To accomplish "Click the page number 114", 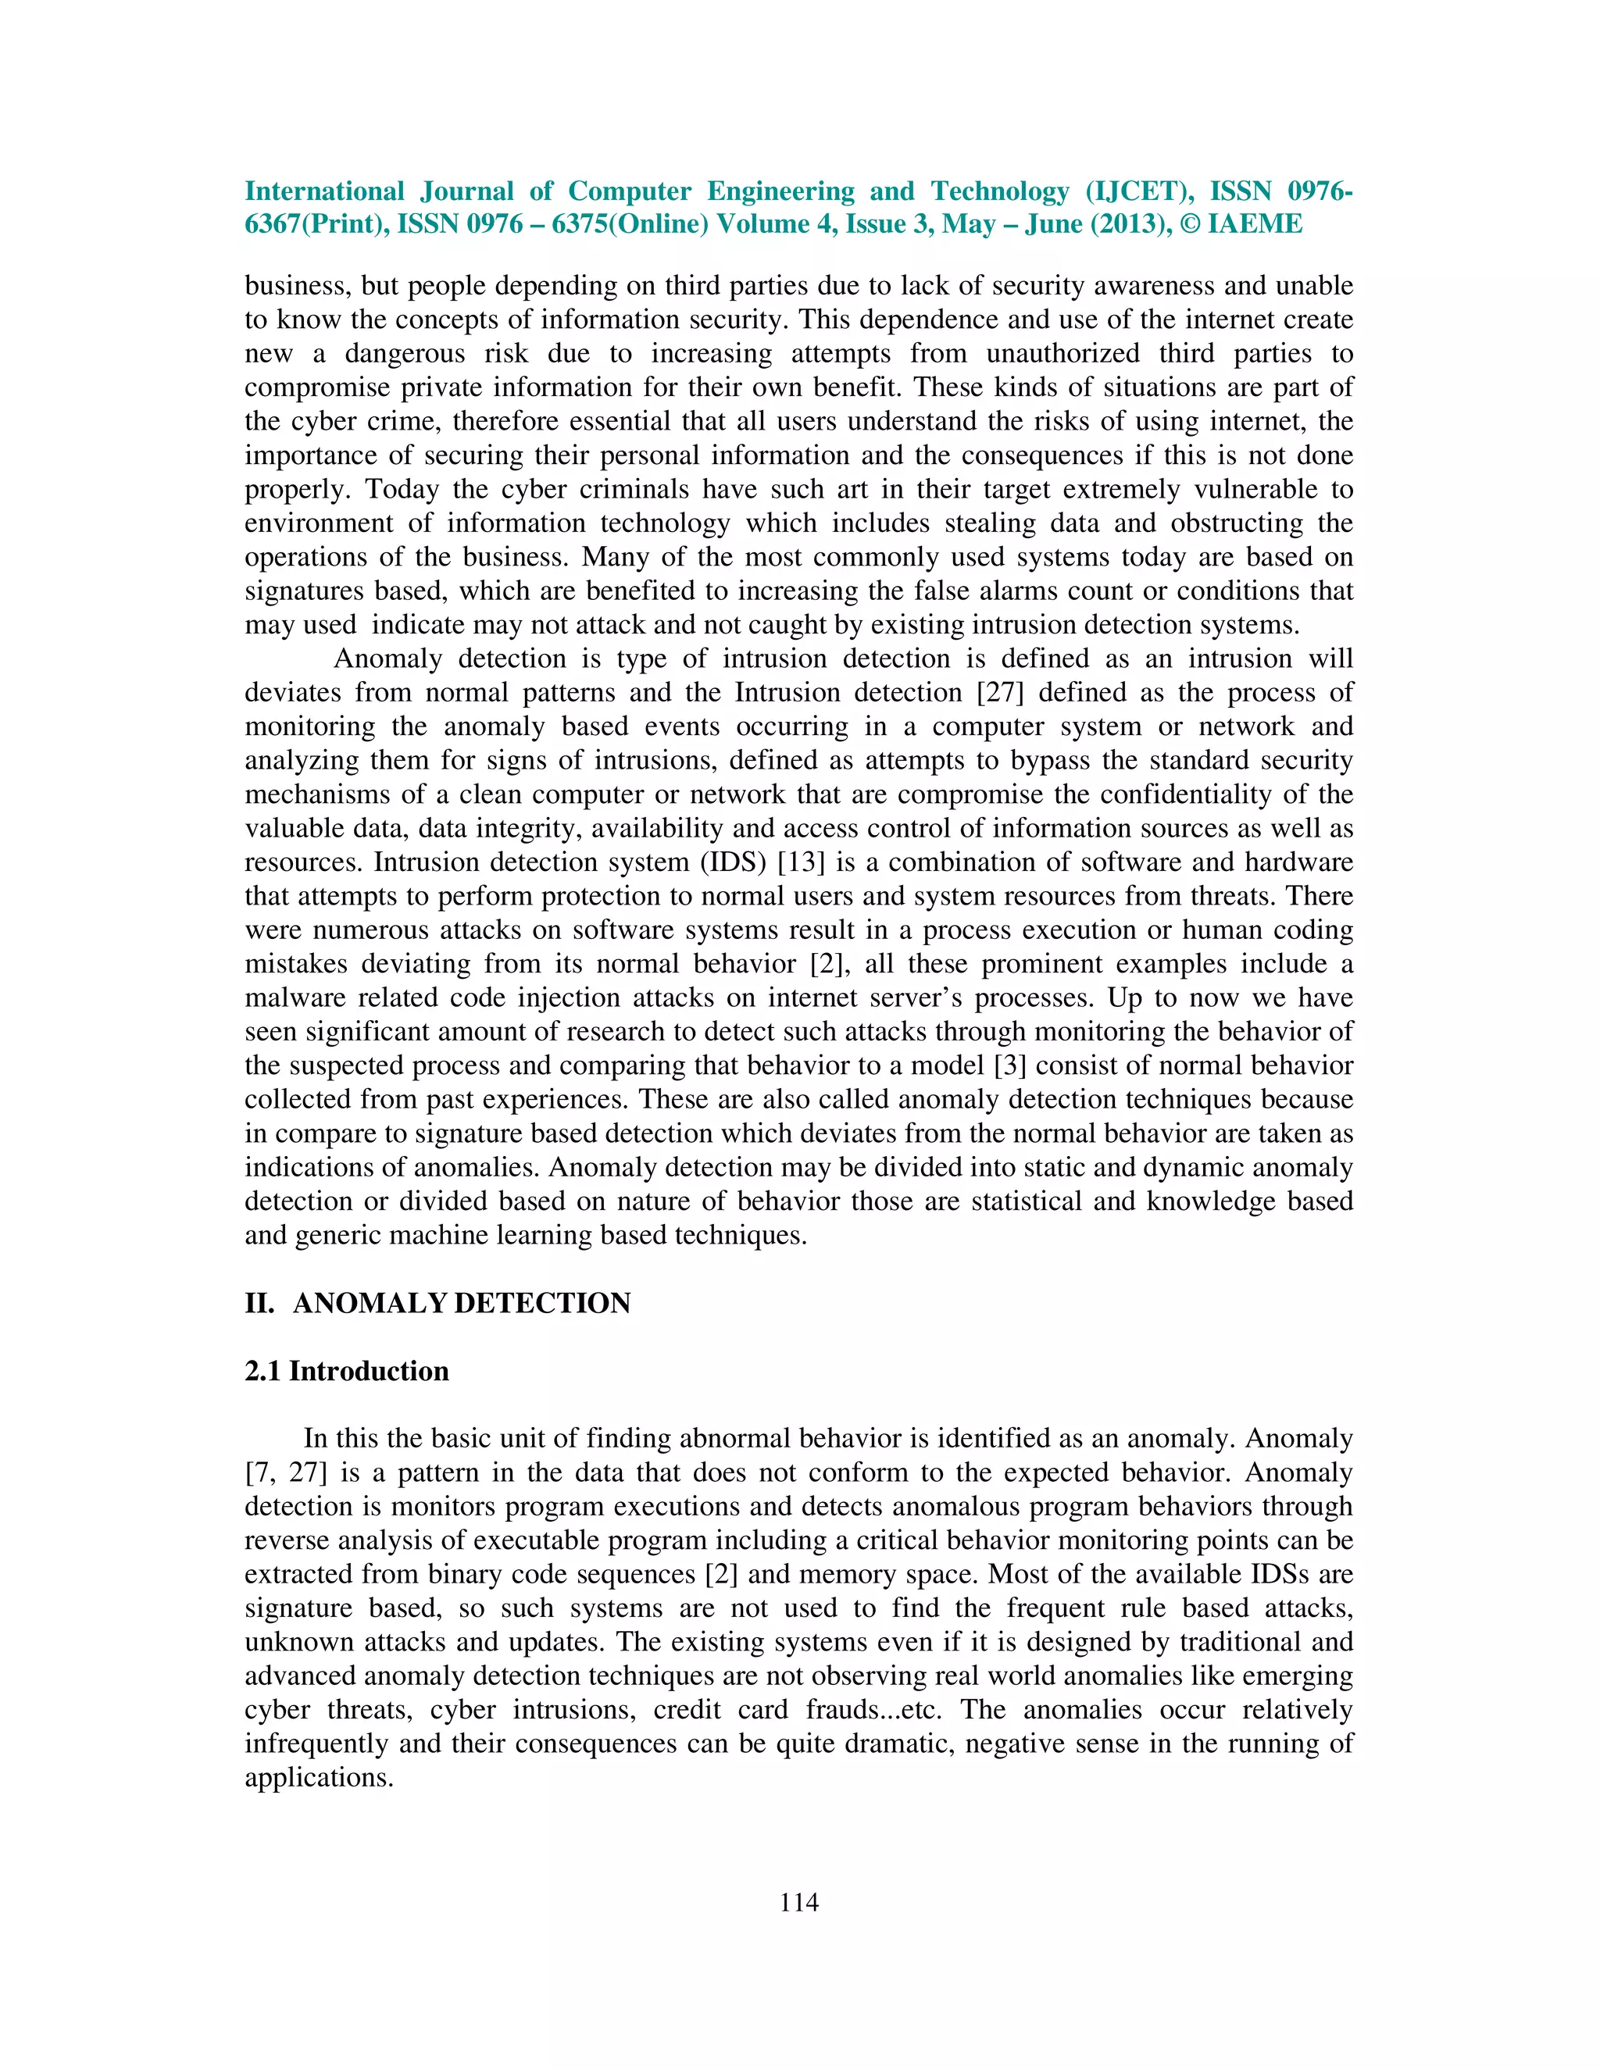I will pyautogui.click(x=799, y=1902).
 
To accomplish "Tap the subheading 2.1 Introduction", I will pyautogui.click(x=347, y=1371).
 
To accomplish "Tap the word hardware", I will pyautogui.click(x=1298, y=862).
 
